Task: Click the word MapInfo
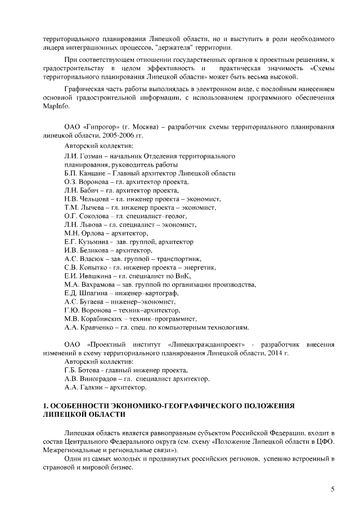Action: [53, 106]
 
